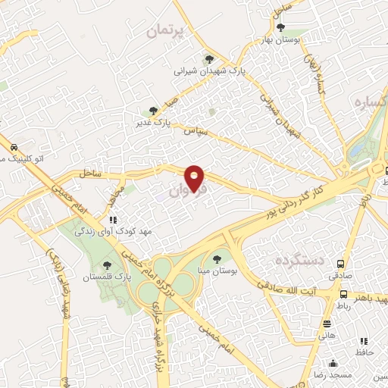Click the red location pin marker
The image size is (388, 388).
196,178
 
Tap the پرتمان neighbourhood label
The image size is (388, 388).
162,31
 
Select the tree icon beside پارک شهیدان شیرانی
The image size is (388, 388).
208,59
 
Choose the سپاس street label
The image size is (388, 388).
194,130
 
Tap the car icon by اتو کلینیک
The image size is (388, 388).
14,147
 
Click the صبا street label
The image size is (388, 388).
172,102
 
